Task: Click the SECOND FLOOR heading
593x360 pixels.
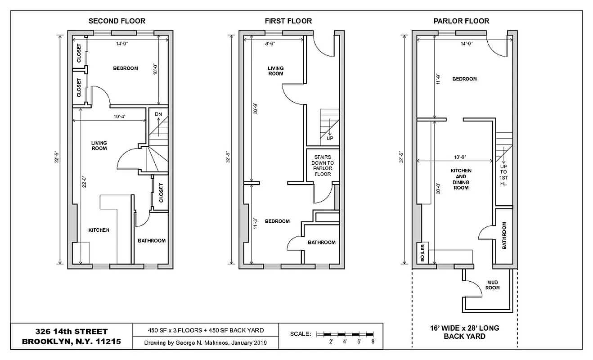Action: click(x=117, y=21)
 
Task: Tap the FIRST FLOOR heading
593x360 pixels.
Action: click(x=288, y=21)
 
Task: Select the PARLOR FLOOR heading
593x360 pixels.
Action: click(x=461, y=21)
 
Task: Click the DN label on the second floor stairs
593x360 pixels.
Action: click(x=158, y=114)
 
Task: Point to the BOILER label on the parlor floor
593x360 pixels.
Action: click(x=422, y=253)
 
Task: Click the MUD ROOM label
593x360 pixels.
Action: click(x=493, y=285)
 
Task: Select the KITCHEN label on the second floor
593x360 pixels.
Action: click(x=99, y=230)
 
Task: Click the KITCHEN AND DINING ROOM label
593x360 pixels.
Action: click(x=461, y=179)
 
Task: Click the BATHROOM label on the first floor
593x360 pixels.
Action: click(x=321, y=242)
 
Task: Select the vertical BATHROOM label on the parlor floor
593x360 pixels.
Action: click(x=504, y=235)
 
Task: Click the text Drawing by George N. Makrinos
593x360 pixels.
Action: click(x=206, y=343)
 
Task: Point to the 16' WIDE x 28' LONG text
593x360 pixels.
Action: click(x=465, y=328)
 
